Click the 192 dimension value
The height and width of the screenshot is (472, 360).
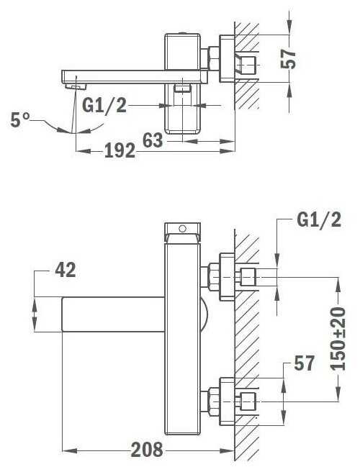click(x=120, y=150)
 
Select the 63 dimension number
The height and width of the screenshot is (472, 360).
click(x=153, y=140)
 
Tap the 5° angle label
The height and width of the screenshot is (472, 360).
click(x=20, y=119)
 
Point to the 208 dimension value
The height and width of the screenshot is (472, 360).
click(x=147, y=450)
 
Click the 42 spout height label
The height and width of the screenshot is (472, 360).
click(x=66, y=270)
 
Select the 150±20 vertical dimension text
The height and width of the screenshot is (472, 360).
click(x=338, y=339)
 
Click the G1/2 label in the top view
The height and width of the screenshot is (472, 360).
click(x=104, y=106)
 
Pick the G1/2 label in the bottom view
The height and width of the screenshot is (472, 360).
click(x=319, y=220)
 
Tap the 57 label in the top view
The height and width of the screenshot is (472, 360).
click(x=288, y=59)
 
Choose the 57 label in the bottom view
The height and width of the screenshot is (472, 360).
click(x=304, y=363)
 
